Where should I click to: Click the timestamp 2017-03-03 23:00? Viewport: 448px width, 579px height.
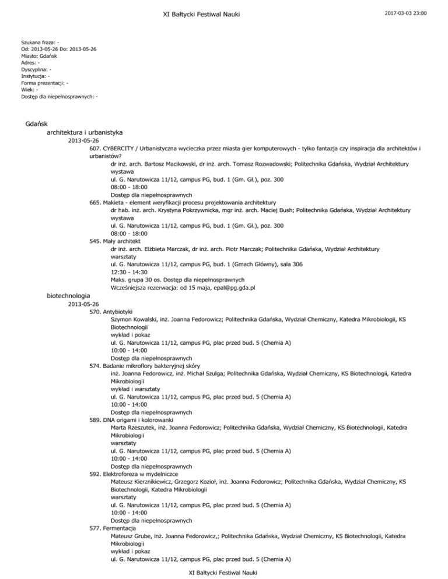(x=408, y=12)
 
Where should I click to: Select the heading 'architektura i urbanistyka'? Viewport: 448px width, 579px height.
(x=85, y=133)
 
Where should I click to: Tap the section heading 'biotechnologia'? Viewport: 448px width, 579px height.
(x=68, y=296)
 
